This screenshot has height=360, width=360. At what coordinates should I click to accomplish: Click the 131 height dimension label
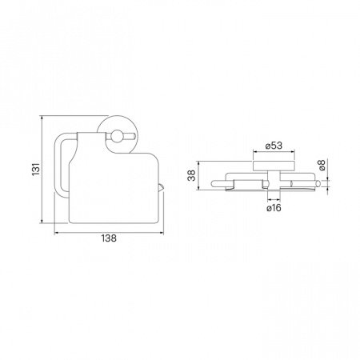click(36, 169)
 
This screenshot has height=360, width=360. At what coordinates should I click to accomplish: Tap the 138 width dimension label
click(109, 238)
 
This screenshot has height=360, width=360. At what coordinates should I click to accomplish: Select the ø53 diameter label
click(274, 146)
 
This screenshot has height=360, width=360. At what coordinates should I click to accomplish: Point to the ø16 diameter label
click(274, 208)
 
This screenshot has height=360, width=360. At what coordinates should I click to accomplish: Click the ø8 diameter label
click(322, 165)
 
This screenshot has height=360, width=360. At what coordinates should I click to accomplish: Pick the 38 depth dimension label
click(191, 175)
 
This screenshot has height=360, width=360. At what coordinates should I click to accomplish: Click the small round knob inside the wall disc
click(117, 136)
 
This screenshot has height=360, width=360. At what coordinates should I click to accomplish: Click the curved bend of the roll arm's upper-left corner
click(58, 138)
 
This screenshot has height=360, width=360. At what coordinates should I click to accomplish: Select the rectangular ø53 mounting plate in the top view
click(274, 166)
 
